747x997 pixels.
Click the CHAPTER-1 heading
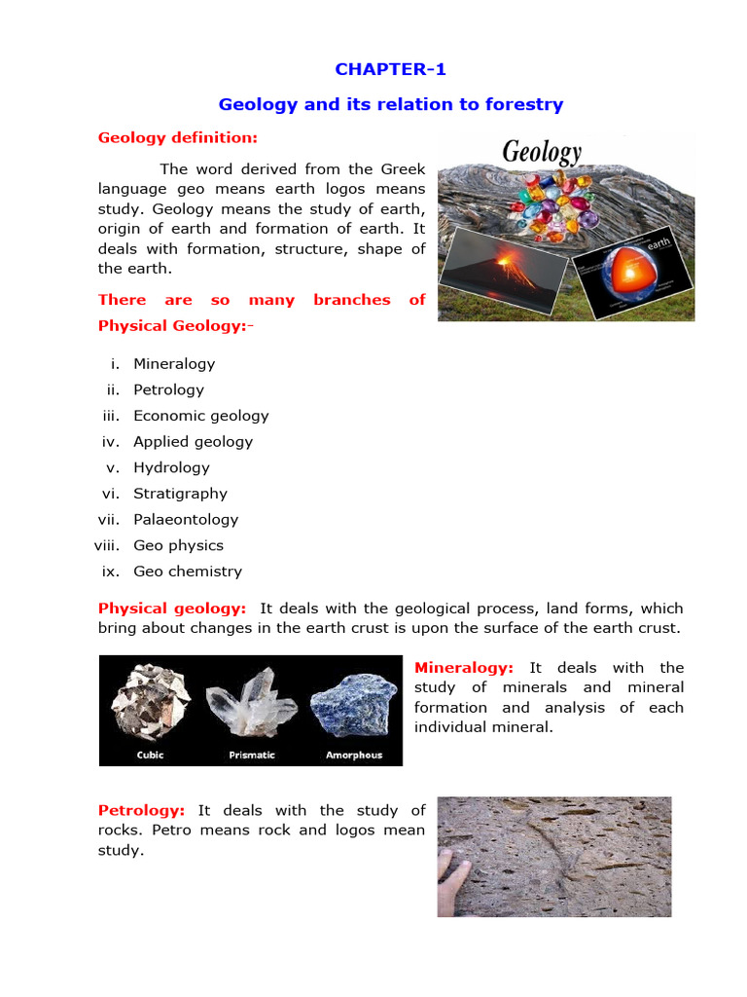pos(390,69)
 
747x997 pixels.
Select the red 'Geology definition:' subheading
pos(178,137)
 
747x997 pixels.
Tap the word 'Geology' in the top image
pos(542,153)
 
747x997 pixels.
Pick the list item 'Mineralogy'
pos(174,364)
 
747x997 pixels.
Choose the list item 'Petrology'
pos(169,389)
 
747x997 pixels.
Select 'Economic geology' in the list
pos(201,416)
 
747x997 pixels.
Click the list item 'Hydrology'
pos(171,467)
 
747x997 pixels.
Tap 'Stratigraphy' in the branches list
pos(180,494)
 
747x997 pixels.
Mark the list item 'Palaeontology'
pos(186,520)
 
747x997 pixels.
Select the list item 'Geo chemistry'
pos(188,572)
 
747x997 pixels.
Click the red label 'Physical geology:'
pos(172,609)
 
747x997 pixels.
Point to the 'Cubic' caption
pos(151,755)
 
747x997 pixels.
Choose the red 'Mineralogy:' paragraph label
pos(464,668)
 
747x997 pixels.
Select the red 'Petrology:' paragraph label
pos(142,810)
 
